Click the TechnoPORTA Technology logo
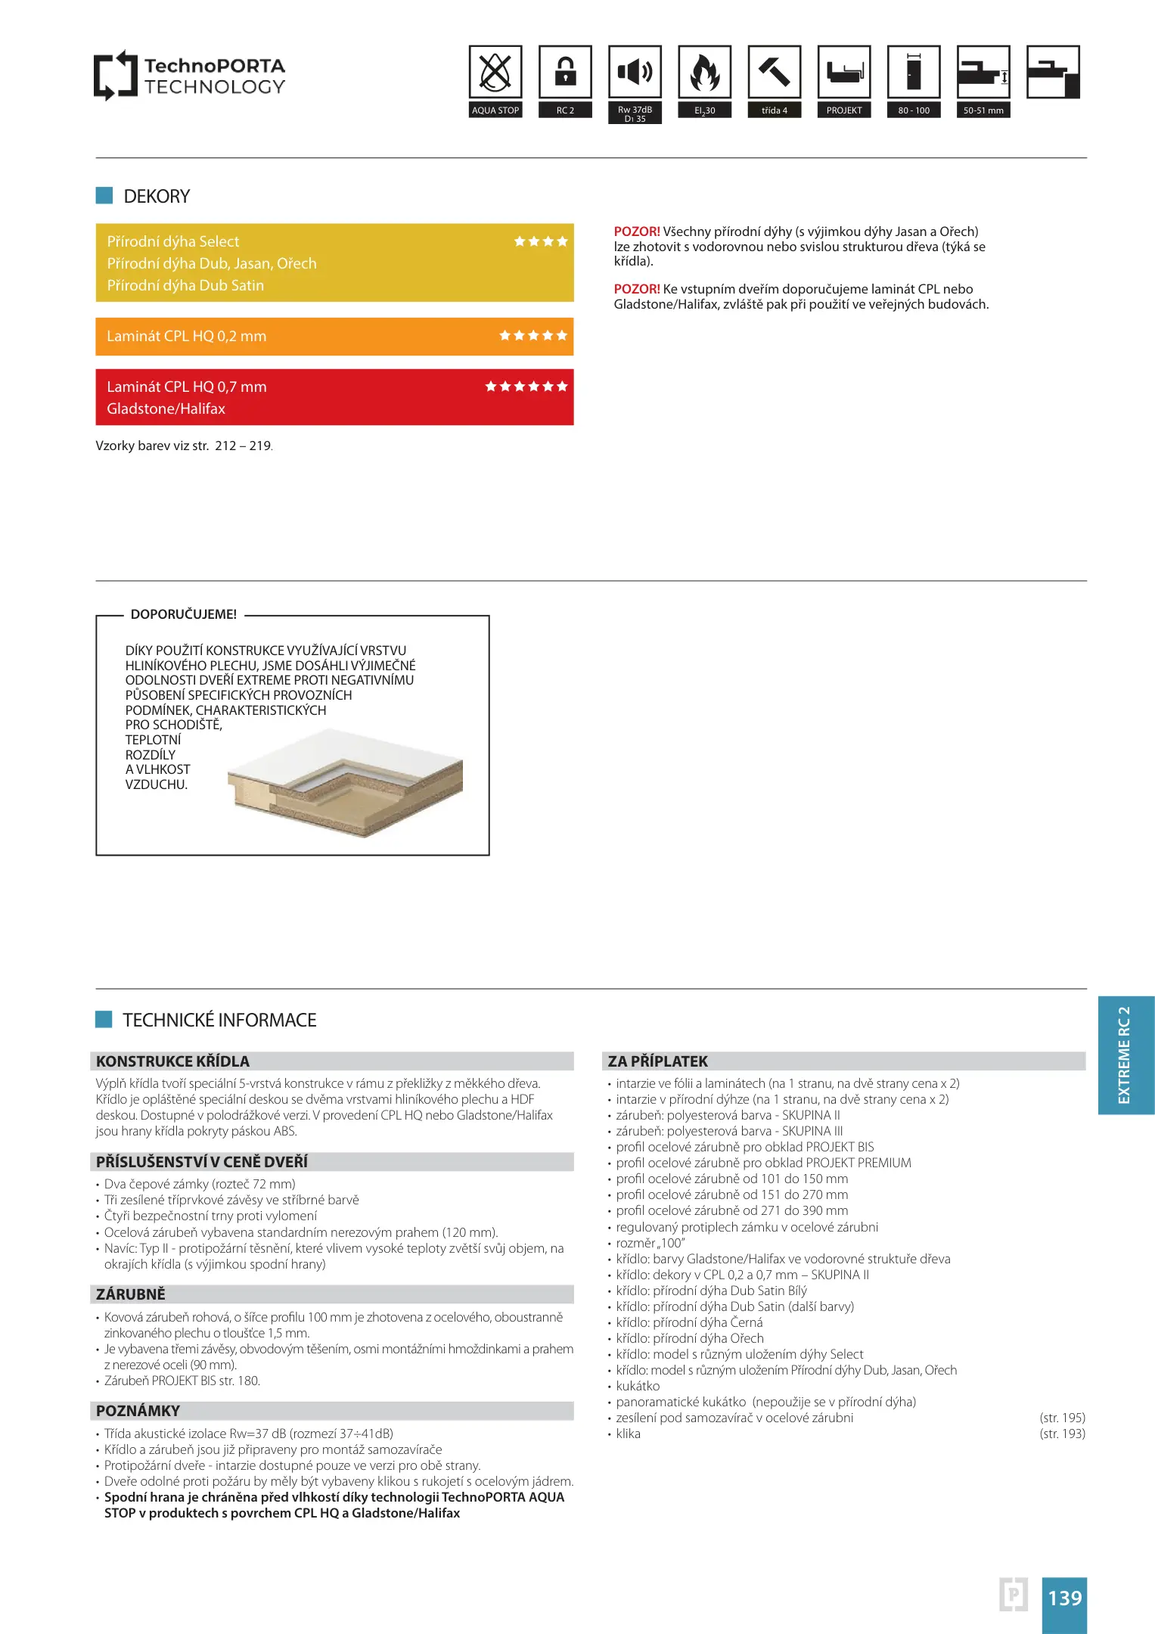pos(189,76)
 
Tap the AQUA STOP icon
pos(495,73)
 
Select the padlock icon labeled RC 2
pos(565,73)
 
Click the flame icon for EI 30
pos(704,73)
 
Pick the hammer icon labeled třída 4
pos(774,73)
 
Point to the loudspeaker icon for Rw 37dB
pos(635,73)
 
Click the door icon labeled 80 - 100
pos(913,73)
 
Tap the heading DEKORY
pos(157,197)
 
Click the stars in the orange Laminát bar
pos(532,336)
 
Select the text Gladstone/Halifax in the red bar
pos(166,409)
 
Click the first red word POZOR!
pos(636,231)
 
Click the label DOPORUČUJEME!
pos(184,614)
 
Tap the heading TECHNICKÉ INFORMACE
pos(219,1020)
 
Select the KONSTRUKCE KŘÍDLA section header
pos(172,1061)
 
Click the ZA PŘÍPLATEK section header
pos(657,1061)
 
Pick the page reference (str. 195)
pos(1062,1418)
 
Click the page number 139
pos(1064,1598)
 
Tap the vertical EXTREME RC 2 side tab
pos(1125,1055)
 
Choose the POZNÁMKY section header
pos(138,1411)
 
